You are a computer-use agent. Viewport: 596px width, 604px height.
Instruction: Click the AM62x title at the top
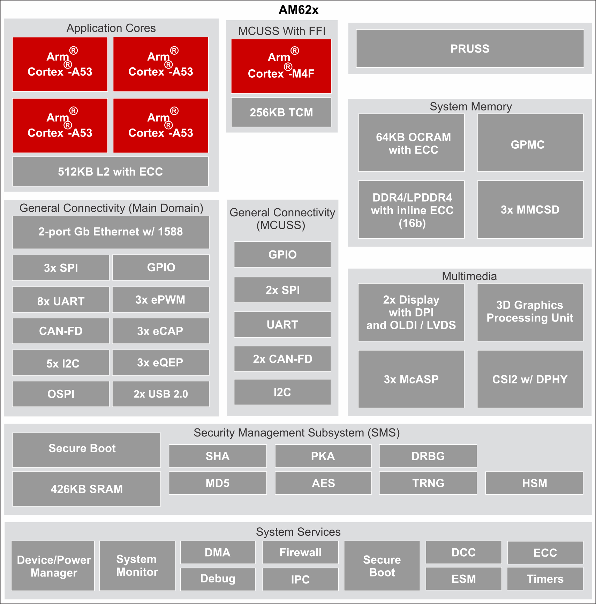click(298, 10)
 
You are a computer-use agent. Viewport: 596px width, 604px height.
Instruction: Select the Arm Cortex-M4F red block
click(281, 66)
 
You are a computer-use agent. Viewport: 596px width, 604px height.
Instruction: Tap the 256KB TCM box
click(281, 112)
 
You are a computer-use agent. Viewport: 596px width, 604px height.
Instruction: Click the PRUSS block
click(470, 48)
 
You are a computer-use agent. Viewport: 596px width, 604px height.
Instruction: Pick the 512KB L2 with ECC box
click(110, 171)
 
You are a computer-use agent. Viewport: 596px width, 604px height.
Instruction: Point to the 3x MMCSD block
click(530, 209)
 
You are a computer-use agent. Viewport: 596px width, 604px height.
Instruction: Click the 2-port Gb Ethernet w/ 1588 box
click(111, 232)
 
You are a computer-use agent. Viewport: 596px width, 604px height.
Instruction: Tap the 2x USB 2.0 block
click(161, 394)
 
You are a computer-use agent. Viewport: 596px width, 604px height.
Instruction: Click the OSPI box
click(61, 394)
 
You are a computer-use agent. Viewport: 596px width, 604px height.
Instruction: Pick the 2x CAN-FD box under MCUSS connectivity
click(282, 359)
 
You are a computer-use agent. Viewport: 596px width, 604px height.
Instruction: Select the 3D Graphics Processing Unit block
click(530, 312)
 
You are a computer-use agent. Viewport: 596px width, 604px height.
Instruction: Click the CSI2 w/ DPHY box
click(530, 379)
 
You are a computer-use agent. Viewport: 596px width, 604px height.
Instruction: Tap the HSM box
click(534, 483)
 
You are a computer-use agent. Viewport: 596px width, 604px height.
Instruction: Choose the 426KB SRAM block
click(86, 489)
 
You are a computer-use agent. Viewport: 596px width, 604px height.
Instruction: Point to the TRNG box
click(428, 483)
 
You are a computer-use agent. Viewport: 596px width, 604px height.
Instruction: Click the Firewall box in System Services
click(300, 552)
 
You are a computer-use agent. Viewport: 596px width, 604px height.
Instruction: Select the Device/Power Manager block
click(53, 566)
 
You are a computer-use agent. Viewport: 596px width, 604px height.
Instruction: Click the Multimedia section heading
click(469, 276)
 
